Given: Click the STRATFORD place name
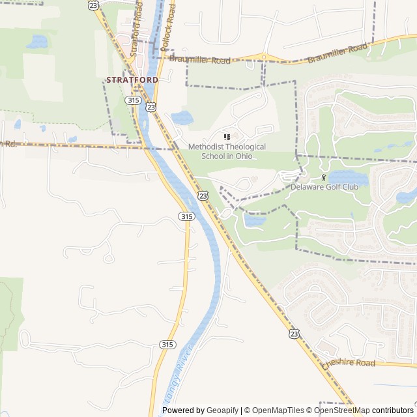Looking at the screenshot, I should tap(131, 79).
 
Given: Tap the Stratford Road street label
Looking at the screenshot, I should tap(138, 20).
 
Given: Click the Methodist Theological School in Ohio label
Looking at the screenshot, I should tap(227, 151).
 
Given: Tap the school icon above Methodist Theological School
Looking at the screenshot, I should tap(227, 137).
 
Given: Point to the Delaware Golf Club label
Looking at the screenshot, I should tap(324, 187).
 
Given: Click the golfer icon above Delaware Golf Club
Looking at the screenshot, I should tap(324, 177).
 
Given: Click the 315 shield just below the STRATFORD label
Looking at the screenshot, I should tap(133, 100).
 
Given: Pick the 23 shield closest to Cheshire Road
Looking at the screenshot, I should tap(295, 333).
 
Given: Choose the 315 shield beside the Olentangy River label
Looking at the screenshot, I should tap(167, 344).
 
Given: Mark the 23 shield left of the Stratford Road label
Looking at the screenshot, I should tap(94, 5).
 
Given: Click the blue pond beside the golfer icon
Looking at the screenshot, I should tap(345, 177).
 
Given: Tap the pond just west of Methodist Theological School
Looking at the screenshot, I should tap(182, 118).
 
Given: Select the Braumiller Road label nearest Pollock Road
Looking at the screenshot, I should tap(199, 60).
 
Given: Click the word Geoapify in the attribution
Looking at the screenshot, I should tap(222, 410).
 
